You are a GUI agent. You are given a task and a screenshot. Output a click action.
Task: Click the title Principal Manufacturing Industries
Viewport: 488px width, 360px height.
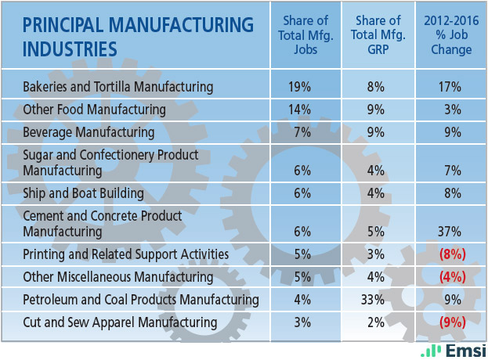pos(138,36)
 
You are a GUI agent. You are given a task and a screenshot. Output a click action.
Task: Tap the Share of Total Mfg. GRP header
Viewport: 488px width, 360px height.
pos(378,36)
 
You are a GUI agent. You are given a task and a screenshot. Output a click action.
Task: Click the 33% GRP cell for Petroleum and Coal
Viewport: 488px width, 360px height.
pos(378,299)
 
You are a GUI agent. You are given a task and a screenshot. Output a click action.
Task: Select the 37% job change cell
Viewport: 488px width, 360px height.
pos(451,232)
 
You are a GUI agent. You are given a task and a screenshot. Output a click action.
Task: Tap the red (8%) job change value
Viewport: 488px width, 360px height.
pos(451,254)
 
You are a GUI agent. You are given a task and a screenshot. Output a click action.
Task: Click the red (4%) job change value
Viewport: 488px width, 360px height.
pos(451,277)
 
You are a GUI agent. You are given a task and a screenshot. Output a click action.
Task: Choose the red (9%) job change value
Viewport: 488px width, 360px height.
pos(451,322)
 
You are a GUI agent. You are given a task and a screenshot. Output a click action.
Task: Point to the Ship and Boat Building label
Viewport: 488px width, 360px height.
pos(84,193)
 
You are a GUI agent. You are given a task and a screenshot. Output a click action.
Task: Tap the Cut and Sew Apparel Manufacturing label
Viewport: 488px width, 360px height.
pos(120,322)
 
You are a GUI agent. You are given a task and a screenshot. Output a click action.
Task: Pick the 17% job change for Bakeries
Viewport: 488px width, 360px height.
pos(451,86)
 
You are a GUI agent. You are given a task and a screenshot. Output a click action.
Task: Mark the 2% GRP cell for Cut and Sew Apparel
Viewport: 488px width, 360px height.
pos(378,322)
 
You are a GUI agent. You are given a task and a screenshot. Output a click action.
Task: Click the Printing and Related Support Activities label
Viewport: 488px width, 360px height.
pos(125,254)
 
